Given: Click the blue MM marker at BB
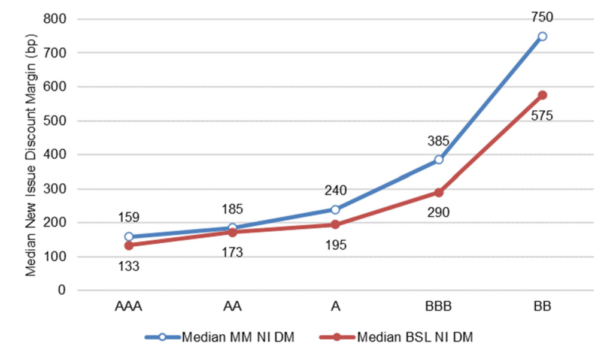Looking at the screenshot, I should point(542,37).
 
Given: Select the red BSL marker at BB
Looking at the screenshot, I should point(542,95).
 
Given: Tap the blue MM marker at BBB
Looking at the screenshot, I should point(439,160).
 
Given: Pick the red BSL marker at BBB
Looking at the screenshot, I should point(439,192).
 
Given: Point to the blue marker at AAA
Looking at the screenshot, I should point(129,237).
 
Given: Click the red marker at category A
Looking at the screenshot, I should point(335,225).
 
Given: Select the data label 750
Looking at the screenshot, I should point(542,17).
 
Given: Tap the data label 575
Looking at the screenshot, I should point(542,116).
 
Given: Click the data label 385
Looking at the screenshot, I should point(439,141).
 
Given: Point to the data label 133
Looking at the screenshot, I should point(129,265).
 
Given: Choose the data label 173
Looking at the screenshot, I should point(232,252).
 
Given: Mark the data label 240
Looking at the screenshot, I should point(335,190).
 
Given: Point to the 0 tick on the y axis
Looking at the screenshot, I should point(61,291).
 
